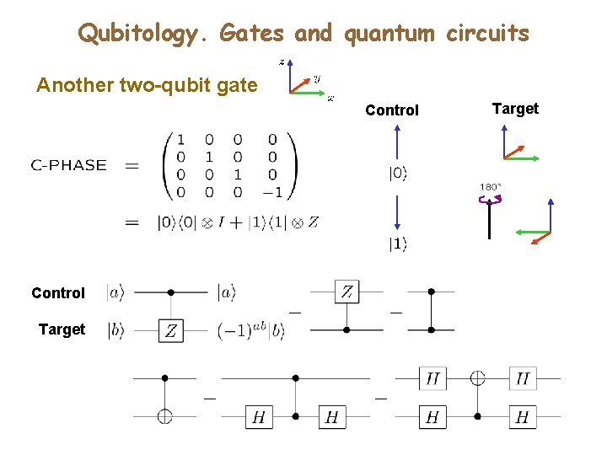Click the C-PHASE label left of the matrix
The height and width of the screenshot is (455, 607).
(69, 166)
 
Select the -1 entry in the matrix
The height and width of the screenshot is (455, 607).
(272, 192)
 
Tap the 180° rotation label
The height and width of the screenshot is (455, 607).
(491, 187)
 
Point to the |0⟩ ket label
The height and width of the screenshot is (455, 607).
(397, 174)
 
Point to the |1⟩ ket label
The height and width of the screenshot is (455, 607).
(397, 245)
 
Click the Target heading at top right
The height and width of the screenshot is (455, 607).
(514, 108)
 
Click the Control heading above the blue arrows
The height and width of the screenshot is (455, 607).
(392, 110)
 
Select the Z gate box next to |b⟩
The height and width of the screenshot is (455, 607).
(171, 330)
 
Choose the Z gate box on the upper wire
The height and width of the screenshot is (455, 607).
(347, 292)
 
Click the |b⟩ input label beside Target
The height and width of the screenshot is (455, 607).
(115, 330)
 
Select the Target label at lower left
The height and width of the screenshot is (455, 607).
(62, 329)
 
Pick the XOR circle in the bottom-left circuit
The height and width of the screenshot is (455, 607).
(165, 415)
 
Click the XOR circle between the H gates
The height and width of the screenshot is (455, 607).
(478, 378)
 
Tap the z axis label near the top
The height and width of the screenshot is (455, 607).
(282, 62)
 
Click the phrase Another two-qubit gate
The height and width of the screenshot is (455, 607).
(147, 85)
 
